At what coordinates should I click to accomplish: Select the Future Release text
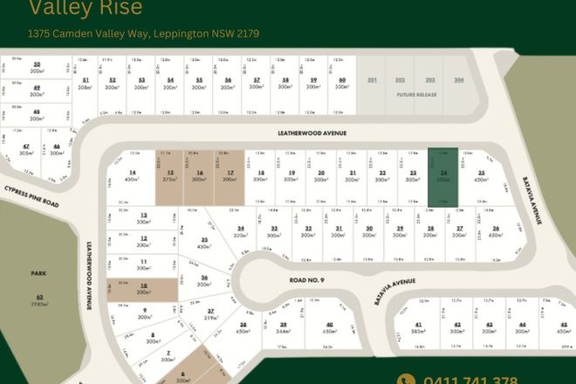415,93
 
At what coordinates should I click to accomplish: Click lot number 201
373,79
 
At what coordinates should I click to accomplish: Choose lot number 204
459,79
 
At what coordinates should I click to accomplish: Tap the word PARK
38,273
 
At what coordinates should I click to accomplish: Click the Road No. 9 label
307,280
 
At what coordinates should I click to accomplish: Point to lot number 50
37,64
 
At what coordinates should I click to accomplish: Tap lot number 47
27,146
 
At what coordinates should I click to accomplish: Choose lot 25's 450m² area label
481,179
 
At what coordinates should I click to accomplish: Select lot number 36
203,278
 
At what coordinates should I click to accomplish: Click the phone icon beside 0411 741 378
406,380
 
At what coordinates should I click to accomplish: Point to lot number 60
343,79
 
